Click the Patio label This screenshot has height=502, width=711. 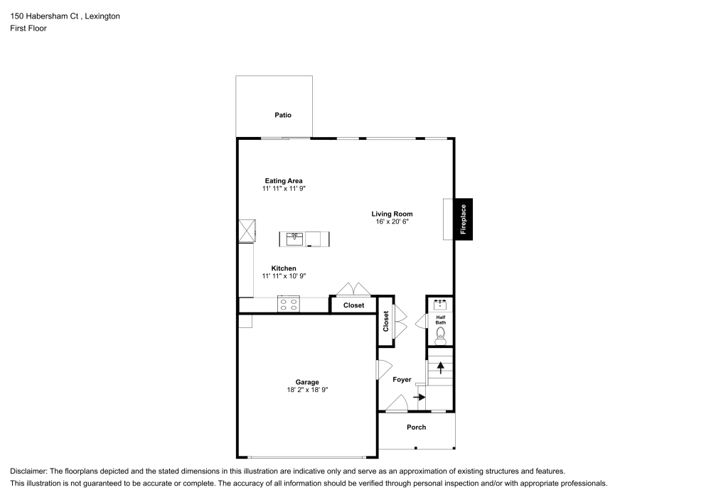tap(283, 115)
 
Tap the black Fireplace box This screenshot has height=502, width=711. tap(463, 219)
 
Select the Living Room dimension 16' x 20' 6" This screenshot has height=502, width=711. tap(392, 222)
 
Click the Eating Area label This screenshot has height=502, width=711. tap(284, 181)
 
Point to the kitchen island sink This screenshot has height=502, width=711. tap(294, 239)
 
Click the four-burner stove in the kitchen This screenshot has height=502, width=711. tap(289, 305)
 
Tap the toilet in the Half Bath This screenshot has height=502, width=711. tap(440, 334)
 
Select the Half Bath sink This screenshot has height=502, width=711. tap(440, 305)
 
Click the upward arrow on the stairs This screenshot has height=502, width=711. tap(441, 367)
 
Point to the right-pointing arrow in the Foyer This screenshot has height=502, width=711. tap(419, 397)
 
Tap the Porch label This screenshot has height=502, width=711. tap(416, 427)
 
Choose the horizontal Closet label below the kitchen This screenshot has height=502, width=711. tap(353, 305)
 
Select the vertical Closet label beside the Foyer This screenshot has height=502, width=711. tap(386, 322)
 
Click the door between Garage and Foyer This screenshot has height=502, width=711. tap(382, 370)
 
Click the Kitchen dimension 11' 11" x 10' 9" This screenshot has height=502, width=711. tap(284, 276)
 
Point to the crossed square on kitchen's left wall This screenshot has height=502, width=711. tap(247, 231)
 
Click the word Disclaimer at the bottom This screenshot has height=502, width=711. tap(28, 471)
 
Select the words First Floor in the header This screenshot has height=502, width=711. tap(28, 28)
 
